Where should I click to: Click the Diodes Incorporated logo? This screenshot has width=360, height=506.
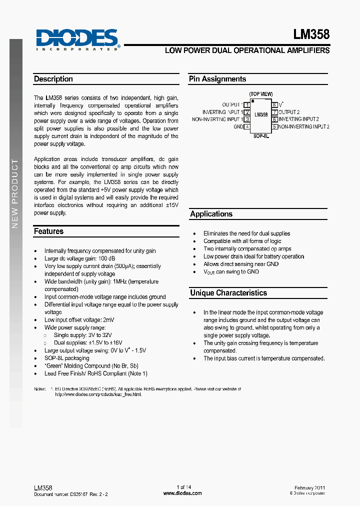[78, 39]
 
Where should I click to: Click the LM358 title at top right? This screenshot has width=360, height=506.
[311, 34]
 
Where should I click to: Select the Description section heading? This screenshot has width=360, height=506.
[53, 79]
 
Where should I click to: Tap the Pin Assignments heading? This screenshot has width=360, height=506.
[217, 79]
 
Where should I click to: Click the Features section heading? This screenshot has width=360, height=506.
[49, 231]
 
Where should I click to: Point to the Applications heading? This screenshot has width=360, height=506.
[211, 214]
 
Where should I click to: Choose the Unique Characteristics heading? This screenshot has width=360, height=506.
[228, 293]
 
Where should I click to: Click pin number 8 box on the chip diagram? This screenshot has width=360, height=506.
[274, 105]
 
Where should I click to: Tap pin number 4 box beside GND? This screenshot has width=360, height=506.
[247, 127]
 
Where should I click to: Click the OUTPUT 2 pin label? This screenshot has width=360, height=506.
[289, 112]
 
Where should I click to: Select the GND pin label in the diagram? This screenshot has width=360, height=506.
[238, 127]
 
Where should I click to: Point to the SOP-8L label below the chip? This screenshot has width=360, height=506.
[260, 135]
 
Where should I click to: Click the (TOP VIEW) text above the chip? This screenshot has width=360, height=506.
[261, 94]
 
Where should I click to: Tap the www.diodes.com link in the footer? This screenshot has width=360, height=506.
[182, 493]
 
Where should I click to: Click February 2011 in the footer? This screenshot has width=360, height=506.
[309, 487]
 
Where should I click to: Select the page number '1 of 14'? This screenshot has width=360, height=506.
[184, 487]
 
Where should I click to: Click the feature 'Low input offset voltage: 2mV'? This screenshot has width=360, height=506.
[79, 320]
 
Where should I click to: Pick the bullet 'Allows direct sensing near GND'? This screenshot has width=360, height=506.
[241, 264]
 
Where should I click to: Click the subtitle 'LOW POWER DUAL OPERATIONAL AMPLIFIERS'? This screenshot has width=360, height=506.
[247, 50]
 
